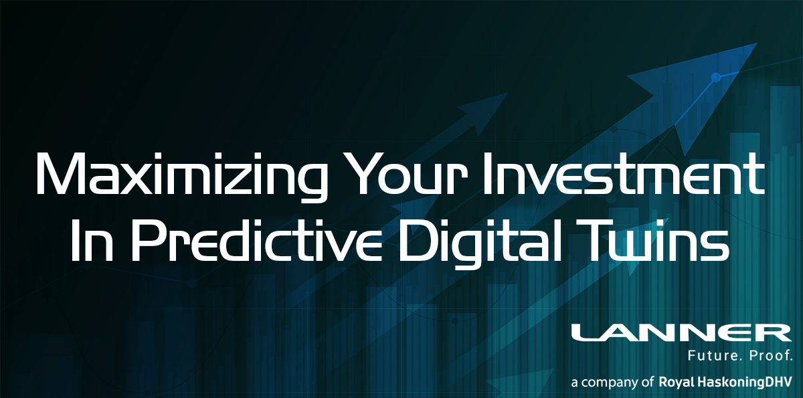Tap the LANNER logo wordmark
point(681,333)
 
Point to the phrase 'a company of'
point(612,383)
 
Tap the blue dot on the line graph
point(715,77)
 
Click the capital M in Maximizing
point(60,174)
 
